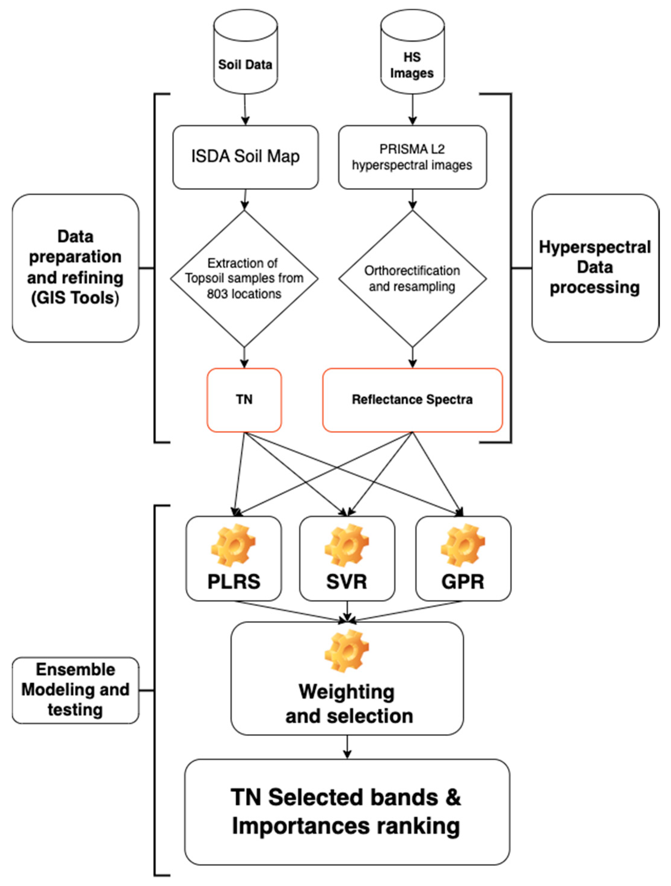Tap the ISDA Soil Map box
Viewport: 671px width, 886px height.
click(245, 157)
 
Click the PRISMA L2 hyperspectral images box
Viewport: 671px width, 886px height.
click(412, 157)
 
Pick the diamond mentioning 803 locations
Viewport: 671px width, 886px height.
click(244, 278)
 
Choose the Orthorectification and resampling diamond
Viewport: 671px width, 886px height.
click(412, 278)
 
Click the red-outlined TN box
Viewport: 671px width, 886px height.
click(244, 400)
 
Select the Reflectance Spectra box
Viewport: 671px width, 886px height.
click(412, 400)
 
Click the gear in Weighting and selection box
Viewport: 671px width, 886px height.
click(347, 651)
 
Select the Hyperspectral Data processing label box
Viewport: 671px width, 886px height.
click(595, 268)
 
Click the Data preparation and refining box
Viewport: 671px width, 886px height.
click(75, 268)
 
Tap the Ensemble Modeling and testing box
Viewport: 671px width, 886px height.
click(75, 690)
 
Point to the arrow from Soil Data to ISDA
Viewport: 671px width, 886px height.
click(245, 110)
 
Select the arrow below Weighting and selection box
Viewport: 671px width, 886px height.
click(347, 747)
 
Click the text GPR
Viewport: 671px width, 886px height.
click(463, 581)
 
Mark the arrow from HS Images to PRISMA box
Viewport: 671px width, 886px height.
click(412, 110)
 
